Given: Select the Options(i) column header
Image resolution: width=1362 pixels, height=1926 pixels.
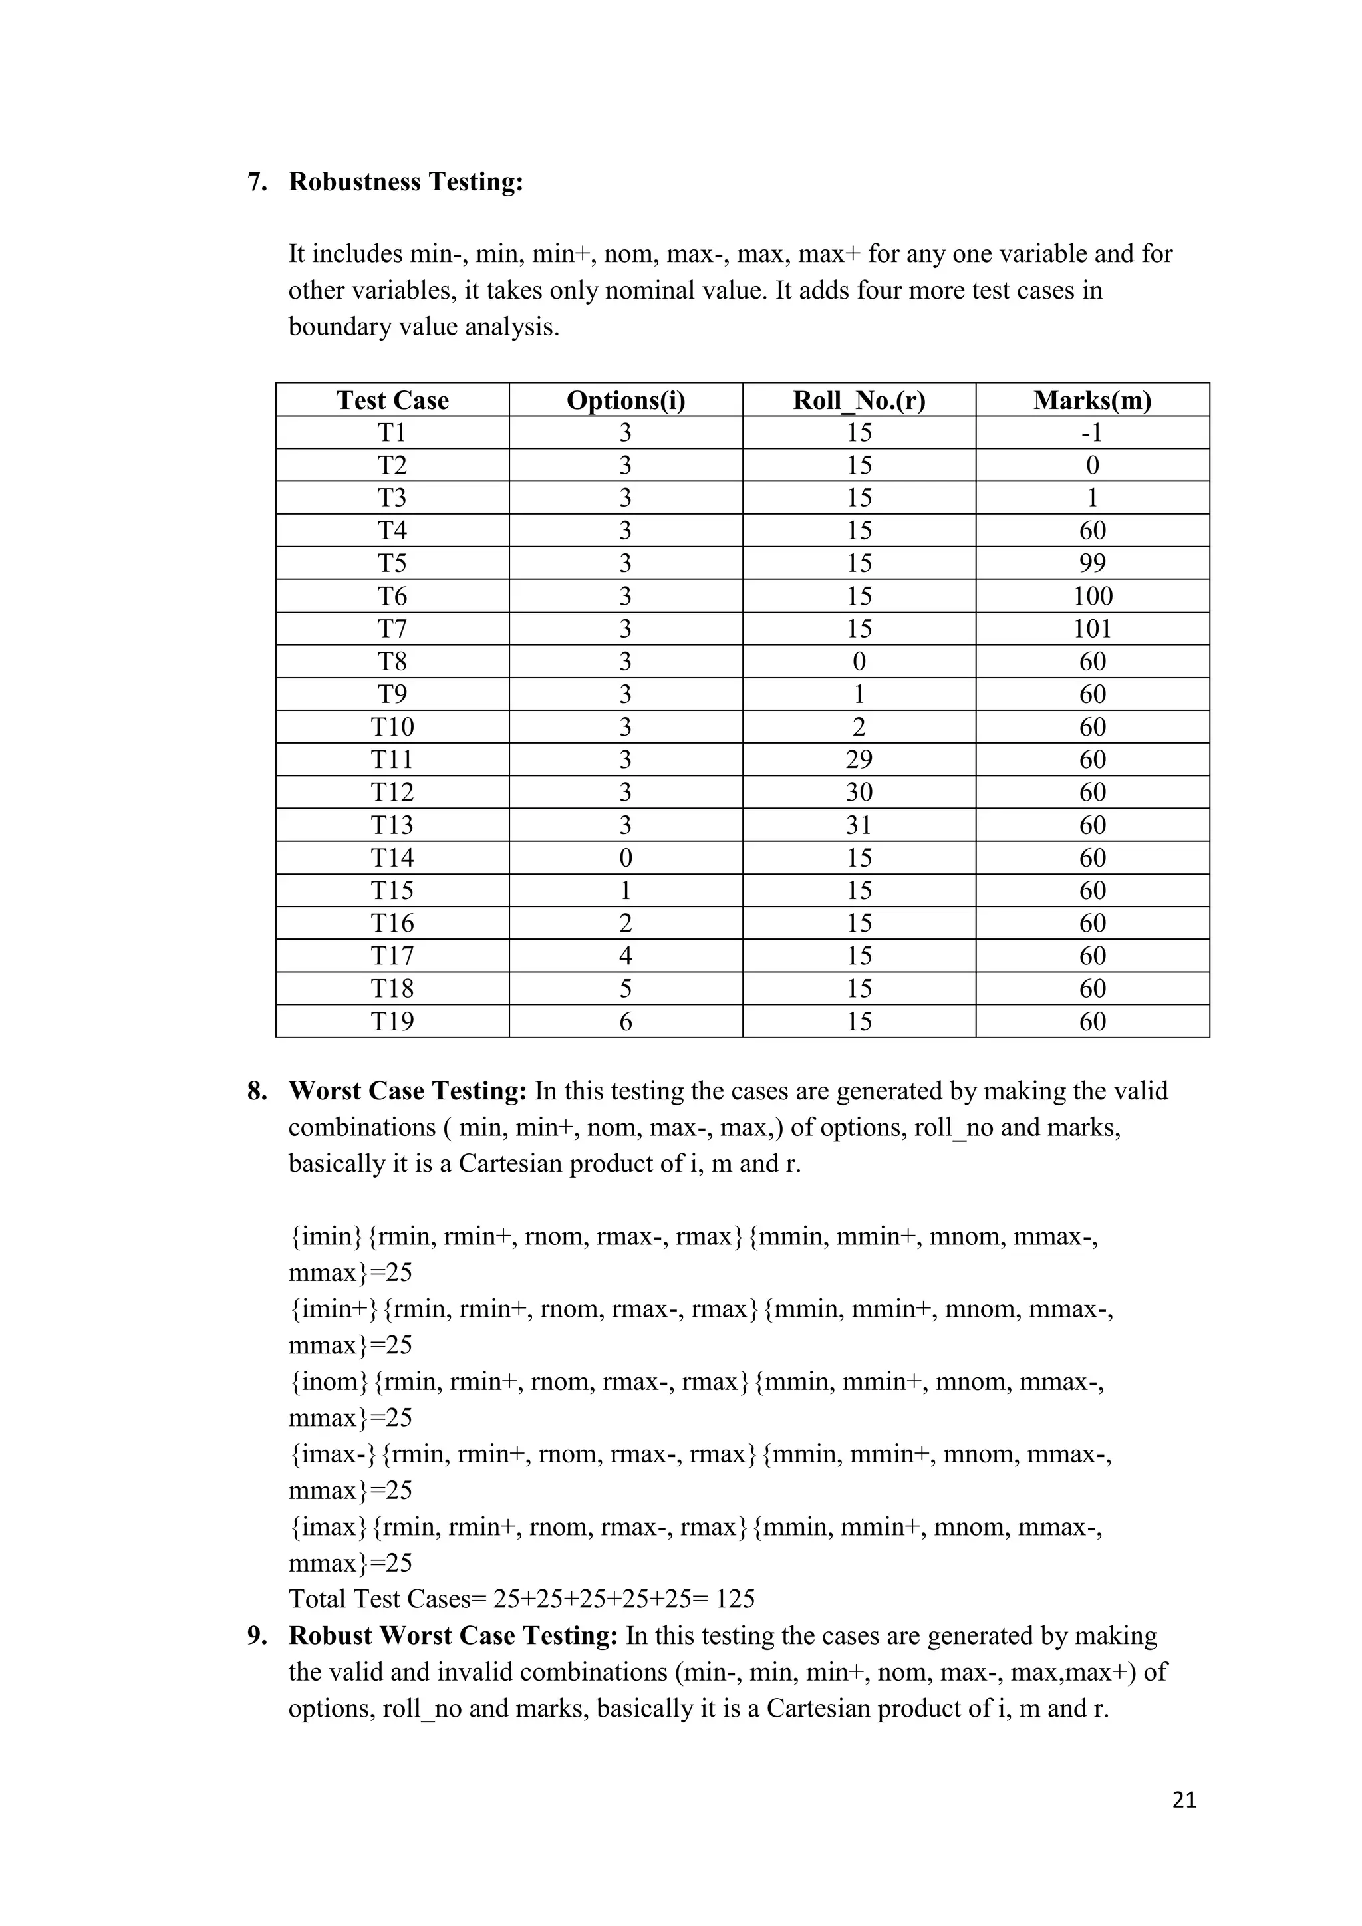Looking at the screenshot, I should coord(626,400).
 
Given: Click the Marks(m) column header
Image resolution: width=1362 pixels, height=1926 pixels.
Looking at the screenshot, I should coord(1092,400).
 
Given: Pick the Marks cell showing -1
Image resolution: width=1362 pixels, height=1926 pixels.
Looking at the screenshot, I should coord(1092,433).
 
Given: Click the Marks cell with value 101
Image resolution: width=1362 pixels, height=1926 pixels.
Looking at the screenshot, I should coord(1092,629).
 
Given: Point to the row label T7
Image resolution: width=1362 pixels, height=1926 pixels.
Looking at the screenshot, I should coord(392,629).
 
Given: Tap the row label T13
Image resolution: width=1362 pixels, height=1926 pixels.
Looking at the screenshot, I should coord(392,825).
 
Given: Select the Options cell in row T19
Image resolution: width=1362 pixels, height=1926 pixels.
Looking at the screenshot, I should coord(626,1022).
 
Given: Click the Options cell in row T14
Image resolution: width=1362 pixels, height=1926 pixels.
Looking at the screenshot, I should coord(626,858).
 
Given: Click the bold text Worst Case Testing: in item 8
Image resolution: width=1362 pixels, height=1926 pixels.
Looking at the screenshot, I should coord(408,1091).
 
